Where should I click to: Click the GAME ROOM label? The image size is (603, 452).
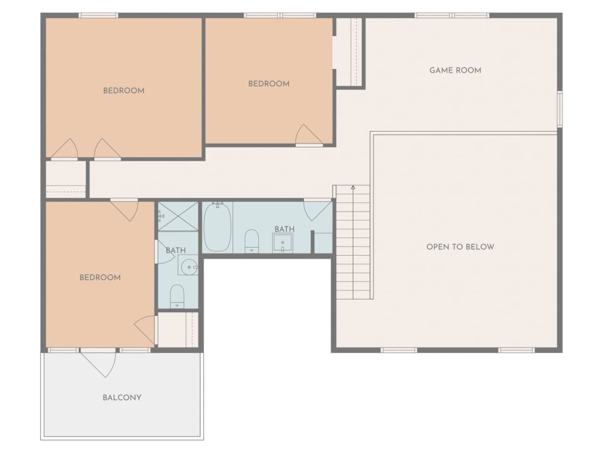coord(455,70)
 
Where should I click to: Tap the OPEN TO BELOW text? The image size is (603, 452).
coord(460,247)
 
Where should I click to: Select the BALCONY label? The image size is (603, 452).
coord(122,397)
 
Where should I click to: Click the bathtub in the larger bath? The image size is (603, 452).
coord(217,226)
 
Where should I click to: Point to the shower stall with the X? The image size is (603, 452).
coord(178,217)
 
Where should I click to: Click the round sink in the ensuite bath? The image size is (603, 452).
coord(189,266)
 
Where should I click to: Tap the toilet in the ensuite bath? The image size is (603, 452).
coord(177,296)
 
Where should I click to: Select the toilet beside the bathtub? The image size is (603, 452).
coord(252,241)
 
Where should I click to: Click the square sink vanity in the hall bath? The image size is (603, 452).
coord(282,243)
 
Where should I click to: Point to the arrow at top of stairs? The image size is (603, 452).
coord(353,187)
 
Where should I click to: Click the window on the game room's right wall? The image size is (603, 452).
coord(560,109)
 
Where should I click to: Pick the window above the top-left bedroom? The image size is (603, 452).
coord(98,16)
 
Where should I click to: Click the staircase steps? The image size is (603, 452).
coord(353,242)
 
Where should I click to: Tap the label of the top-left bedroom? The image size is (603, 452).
coord(123,90)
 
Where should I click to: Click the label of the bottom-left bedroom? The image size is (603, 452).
coord(100,277)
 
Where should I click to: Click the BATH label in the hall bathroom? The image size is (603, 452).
coord(285,229)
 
